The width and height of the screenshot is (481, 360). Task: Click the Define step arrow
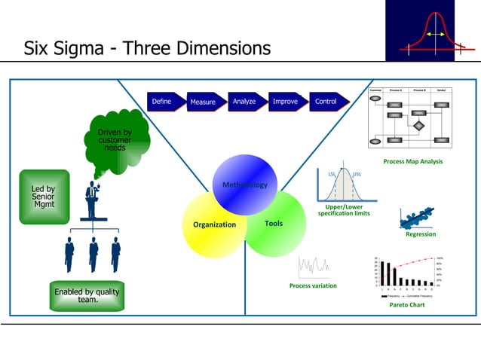163,102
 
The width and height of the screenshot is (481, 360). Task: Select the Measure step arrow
204,102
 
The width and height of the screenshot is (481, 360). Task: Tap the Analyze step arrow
245,102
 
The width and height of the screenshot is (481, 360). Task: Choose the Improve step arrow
286,102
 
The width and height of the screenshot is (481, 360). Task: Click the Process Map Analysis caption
412,162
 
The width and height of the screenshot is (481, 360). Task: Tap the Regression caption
421,234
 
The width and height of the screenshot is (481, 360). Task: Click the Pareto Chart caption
407,305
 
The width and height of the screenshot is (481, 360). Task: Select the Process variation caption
313,286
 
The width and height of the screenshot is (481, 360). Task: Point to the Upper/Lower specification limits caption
343,210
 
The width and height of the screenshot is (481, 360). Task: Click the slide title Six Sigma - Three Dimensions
147,49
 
